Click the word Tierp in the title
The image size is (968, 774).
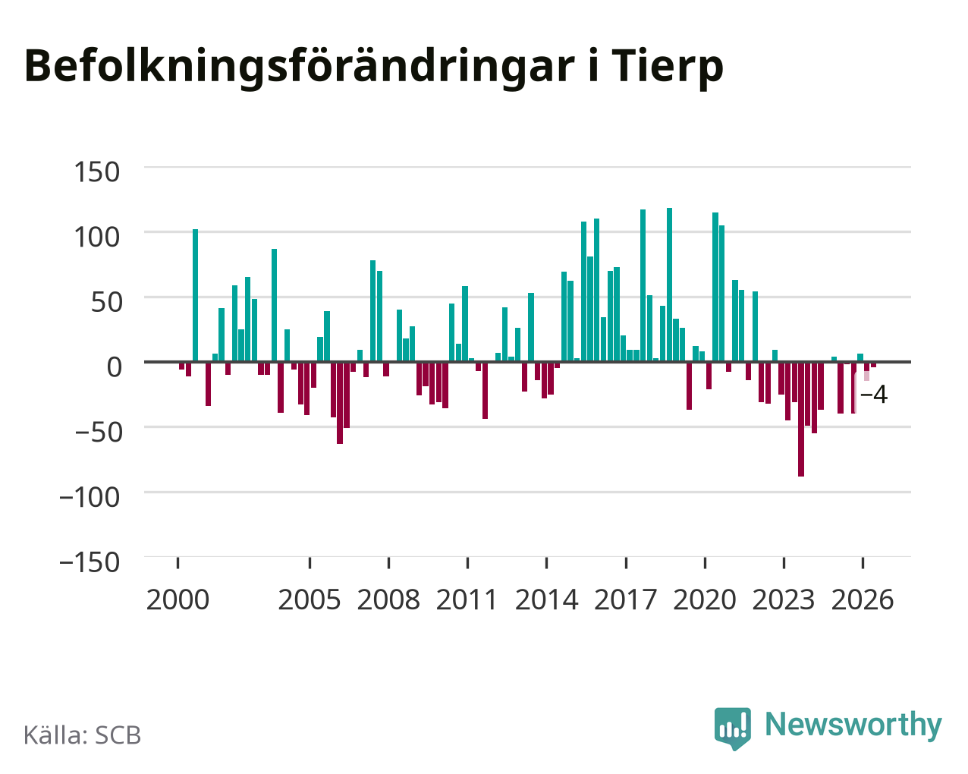click(x=667, y=67)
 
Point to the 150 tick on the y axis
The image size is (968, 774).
click(x=97, y=172)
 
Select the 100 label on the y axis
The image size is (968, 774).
click(x=97, y=238)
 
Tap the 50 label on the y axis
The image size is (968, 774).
click(x=107, y=303)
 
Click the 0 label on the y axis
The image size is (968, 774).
click(x=115, y=367)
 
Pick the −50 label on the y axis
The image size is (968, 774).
click(x=99, y=433)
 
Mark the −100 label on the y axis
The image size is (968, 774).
click(x=90, y=498)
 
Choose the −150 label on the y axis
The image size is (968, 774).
click(x=90, y=562)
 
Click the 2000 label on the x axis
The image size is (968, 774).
click(x=178, y=600)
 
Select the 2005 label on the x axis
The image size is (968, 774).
click(x=310, y=600)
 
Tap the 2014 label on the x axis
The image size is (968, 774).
click(x=546, y=600)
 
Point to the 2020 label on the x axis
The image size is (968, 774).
click(x=705, y=600)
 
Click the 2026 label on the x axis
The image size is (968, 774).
click(x=863, y=600)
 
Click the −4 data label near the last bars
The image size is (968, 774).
click(x=874, y=395)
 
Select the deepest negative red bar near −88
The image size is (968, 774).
click(x=801, y=419)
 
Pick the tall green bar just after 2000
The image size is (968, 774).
click(x=195, y=296)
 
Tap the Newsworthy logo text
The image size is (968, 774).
click(x=853, y=725)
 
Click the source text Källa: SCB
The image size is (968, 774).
click(x=83, y=735)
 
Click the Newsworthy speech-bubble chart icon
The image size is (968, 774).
click(x=733, y=728)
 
